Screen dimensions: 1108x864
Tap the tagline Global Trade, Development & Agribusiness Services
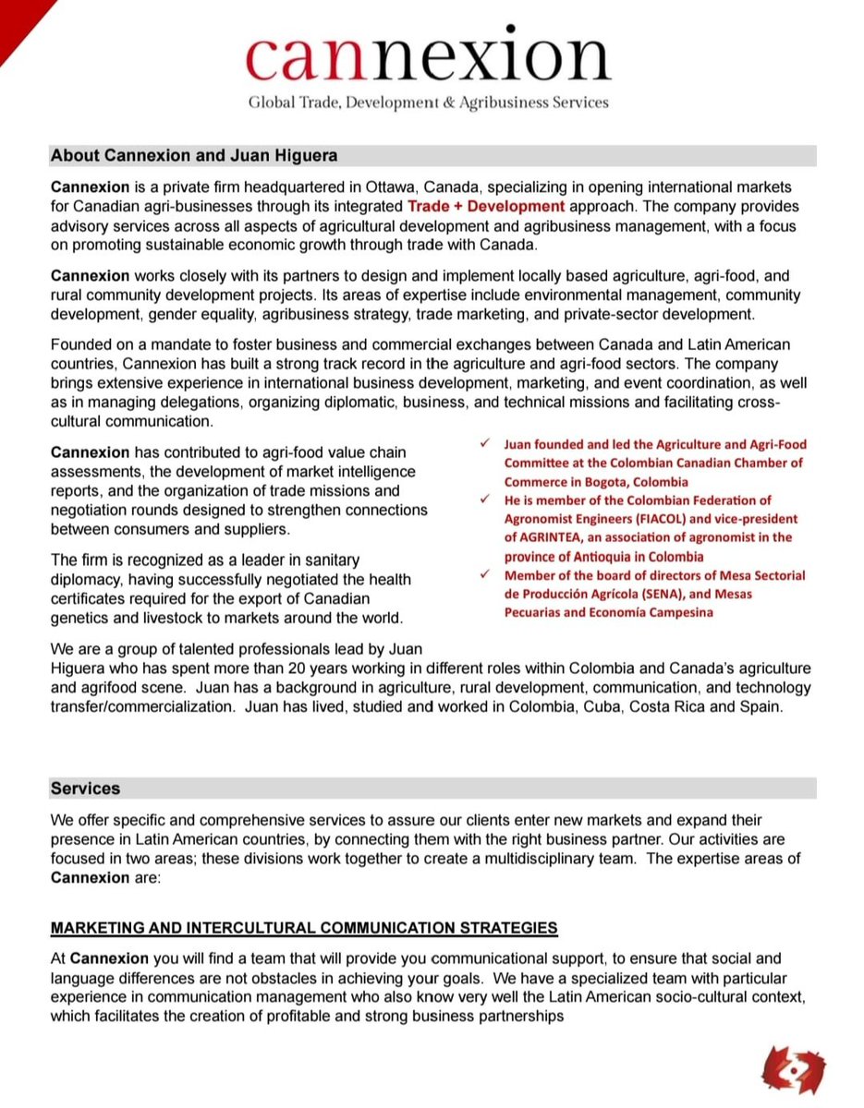pyautogui.click(x=428, y=102)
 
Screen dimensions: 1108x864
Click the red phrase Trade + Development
pyautogui.click(x=486, y=206)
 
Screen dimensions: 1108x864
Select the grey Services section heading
pyautogui.click(x=86, y=789)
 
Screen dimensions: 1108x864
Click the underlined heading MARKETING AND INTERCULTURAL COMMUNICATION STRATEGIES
pyautogui.click(x=304, y=927)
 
